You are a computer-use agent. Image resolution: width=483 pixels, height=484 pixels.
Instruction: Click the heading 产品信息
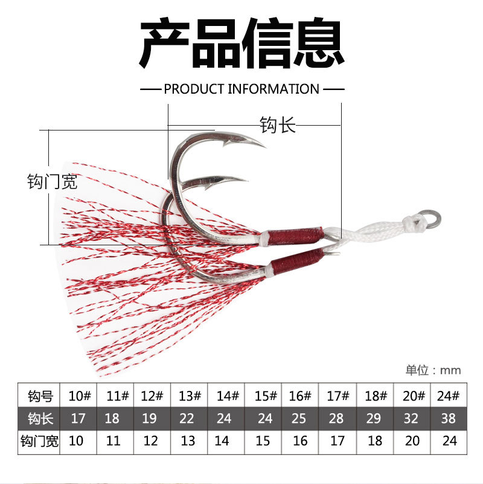241,44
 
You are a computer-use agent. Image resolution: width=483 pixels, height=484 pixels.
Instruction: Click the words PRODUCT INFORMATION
241,89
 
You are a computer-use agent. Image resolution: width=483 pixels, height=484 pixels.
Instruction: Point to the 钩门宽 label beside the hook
53,181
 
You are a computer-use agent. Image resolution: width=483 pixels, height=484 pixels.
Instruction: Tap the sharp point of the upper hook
264,145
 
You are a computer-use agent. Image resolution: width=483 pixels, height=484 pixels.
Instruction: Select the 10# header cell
80,396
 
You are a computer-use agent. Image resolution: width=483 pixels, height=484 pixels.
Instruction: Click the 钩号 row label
40,396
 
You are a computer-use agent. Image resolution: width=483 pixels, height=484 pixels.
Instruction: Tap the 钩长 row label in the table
40,419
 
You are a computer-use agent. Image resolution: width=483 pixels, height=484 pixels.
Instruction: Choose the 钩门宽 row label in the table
40,441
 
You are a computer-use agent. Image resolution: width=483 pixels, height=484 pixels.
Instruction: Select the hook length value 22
188,419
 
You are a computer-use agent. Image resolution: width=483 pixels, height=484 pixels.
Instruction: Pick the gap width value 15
263,441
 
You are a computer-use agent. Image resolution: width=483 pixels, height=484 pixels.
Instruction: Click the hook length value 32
412,419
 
